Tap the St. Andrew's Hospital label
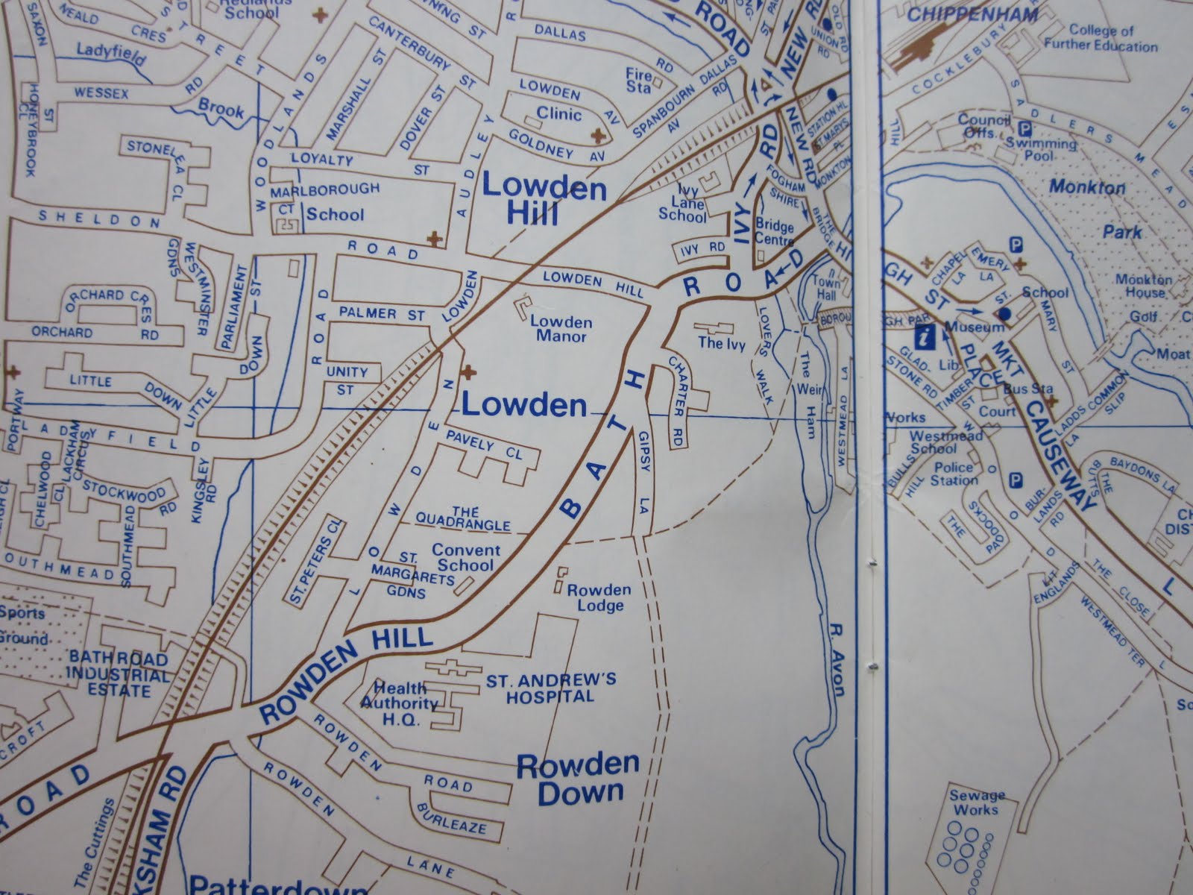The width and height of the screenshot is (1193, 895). pyautogui.click(x=551, y=688)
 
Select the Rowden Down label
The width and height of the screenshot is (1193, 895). pyautogui.click(x=579, y=779)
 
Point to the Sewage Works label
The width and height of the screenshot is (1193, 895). pyautogui.click(x=978, y=803)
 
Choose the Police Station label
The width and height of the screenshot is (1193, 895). pyautogui.click(x=955, y=474)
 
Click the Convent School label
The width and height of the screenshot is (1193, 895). pyautogui.click(x=466, y=558)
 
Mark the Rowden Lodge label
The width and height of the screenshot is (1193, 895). pyautogui.click(x=599, y=597)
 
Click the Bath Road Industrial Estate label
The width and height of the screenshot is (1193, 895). pyautogui.click(x=120, y=673)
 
